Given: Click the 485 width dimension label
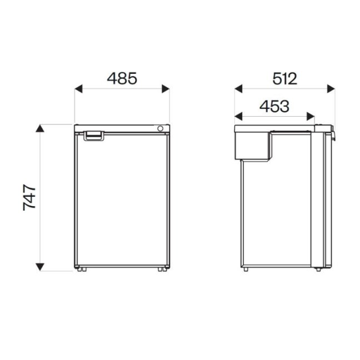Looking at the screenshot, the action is coord(122,78).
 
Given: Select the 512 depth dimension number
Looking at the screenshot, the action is coord(284,79).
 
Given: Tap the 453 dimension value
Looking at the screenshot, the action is coord(274,107).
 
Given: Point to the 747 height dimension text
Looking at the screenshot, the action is coord(29,197).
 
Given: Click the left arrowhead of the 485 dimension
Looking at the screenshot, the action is coord(78,89).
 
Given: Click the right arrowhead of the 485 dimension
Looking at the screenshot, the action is coord(166,89).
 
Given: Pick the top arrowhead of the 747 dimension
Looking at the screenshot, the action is coord(40,128).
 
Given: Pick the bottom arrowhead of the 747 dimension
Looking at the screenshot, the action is coord(40,267).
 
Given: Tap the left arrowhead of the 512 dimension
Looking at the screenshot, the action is coord(238,89).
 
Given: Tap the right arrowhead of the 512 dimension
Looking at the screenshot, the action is coord(331,89).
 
